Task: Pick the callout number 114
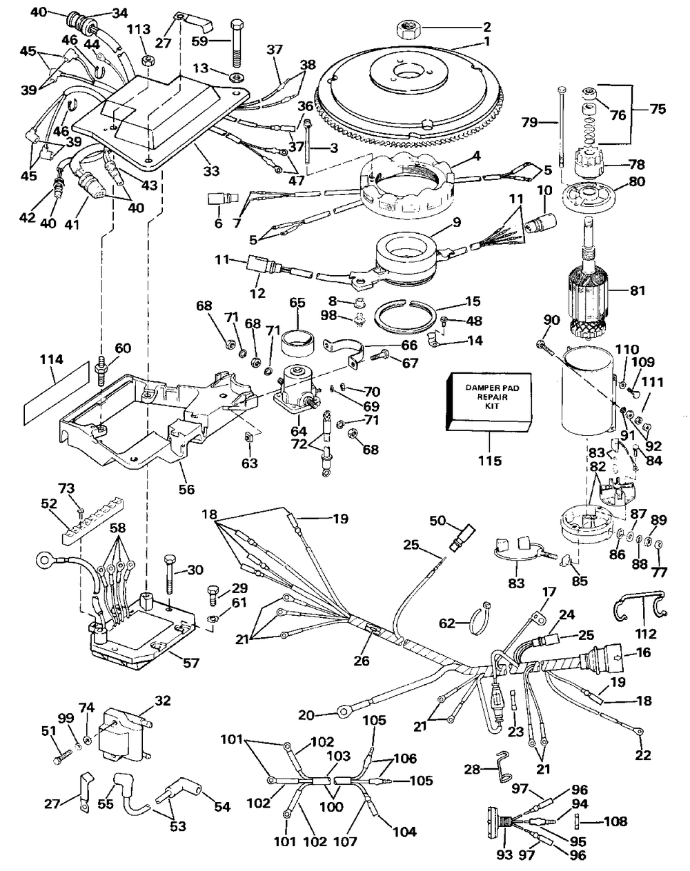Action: pos(52,359)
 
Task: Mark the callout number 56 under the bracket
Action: pos(186,490)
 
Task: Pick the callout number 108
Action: pos(615,821)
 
